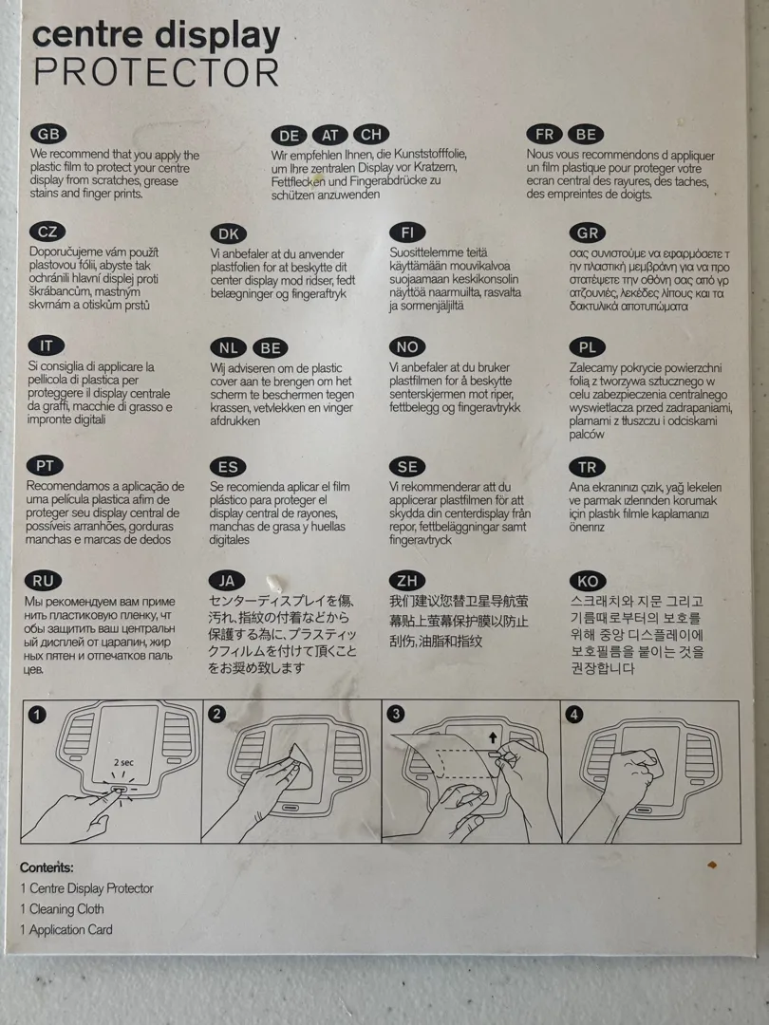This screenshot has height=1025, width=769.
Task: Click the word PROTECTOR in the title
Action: (x=157, y=72)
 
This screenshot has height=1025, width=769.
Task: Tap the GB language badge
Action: (x=49, y=134)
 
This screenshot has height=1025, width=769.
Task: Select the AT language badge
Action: (x=330, y=136)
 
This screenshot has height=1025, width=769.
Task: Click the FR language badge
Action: (x=544, y=135)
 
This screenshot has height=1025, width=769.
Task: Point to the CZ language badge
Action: (x=47, y=232)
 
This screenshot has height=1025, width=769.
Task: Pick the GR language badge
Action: (x=588, y=233)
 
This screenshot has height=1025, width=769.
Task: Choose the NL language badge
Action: (x=228, y=348)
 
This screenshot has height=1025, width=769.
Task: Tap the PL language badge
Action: (x=588, y=347)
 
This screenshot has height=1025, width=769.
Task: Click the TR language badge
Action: (x=588, y=467)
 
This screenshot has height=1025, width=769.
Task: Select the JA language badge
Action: (x=227, y=581)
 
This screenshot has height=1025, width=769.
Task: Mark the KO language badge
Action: (x=588, y=581)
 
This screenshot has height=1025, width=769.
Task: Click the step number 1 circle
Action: (x=37, y=715)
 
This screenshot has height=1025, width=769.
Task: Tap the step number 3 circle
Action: (x=395, y=714)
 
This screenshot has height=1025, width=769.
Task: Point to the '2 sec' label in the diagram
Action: (x=123, y=762)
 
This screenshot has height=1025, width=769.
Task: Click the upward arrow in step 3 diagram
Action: (x=493, y=737)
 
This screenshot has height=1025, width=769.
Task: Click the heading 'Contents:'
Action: (x=47, y=867)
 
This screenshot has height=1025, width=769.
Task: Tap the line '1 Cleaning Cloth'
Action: (x=62, y=909)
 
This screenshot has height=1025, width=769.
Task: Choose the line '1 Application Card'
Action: (x=66, y=930)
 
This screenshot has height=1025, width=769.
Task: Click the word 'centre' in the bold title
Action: (x=87, y=35)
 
